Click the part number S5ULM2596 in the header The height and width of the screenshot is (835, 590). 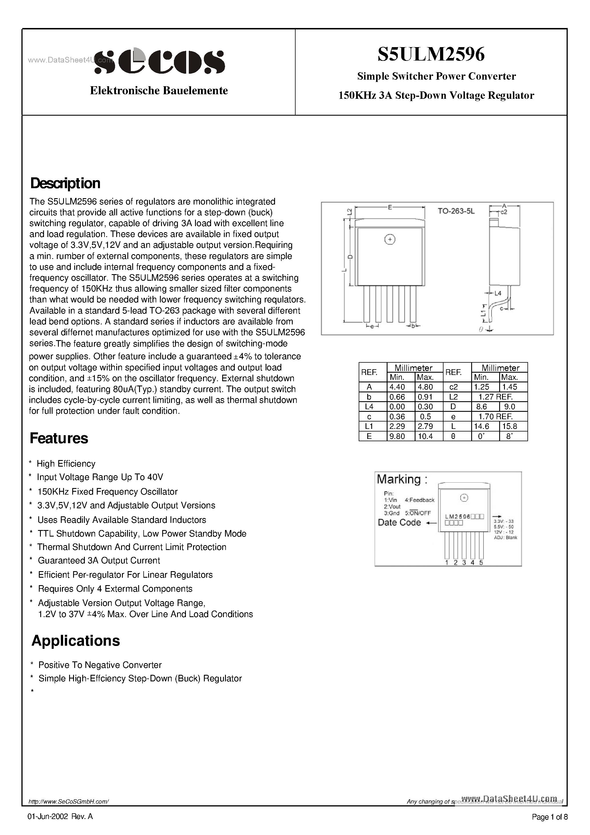431,55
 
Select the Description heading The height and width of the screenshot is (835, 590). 65,183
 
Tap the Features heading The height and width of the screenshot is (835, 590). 59,438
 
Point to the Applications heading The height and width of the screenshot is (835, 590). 76,641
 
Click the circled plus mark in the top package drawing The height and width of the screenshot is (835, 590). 390,239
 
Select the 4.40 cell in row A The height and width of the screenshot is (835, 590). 397,387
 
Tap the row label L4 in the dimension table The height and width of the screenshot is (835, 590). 369,407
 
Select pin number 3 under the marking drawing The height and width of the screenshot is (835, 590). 464,562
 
